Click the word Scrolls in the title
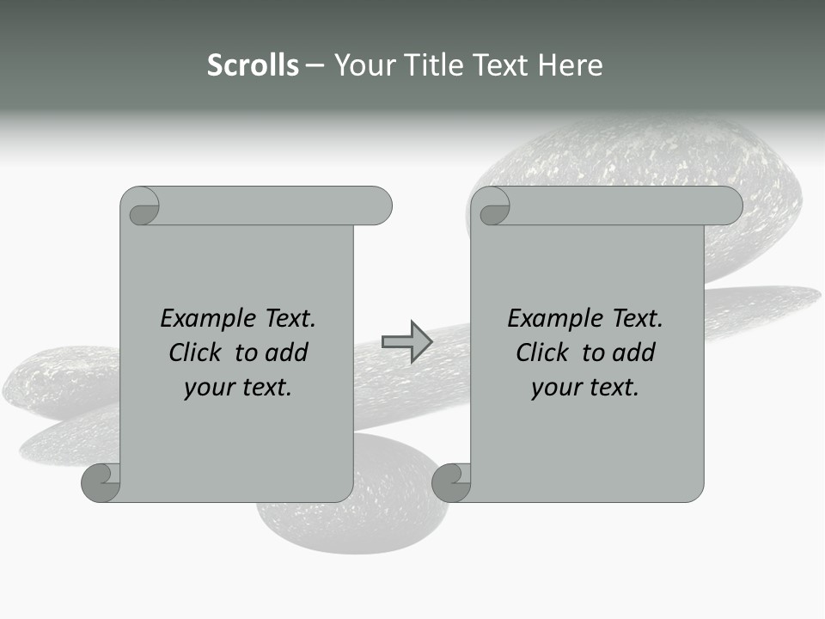(x=254, y=64)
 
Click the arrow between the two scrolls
(x=406, y=342)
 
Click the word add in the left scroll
(x=286, y=352)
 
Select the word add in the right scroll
(x=633, y=352)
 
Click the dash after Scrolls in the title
(x=315, y=65)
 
